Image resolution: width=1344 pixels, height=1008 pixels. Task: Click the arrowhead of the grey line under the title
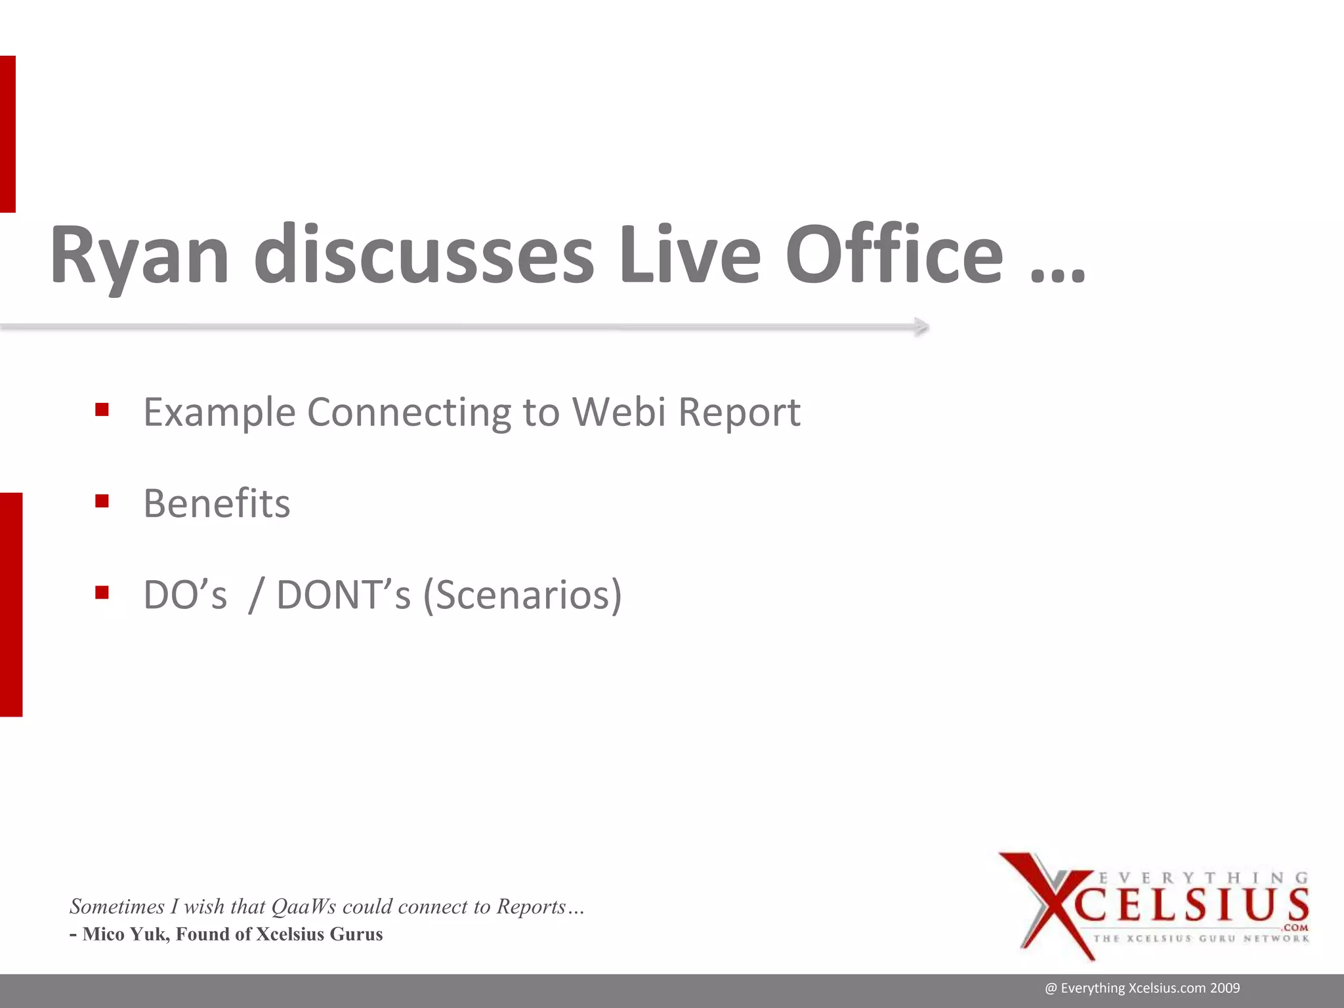click(x=921, y=327)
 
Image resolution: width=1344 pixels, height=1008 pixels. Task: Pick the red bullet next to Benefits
click(x=102, y=502)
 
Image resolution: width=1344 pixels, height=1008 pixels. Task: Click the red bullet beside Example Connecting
click(x=102, y=410)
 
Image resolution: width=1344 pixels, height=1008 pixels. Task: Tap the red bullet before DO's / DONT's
click(x=102, y=593)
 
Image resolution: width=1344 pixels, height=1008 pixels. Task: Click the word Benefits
click(x=217, y=504)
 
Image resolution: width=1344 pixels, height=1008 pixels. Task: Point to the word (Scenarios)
click(x=522, y=595)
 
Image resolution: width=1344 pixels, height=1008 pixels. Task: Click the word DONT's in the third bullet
click(x=343, y=595)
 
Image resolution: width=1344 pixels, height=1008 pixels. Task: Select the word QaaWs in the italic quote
click(x=303, y=906)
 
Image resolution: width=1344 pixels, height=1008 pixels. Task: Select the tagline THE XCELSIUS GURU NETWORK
click(x=1201, y=938)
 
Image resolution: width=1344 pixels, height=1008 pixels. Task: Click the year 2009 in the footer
click(x=1225, y=988)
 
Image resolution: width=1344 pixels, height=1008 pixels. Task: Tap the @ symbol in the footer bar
click(x=1051, y=988)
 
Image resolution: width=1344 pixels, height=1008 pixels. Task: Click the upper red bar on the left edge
click(x=7, y=134)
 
